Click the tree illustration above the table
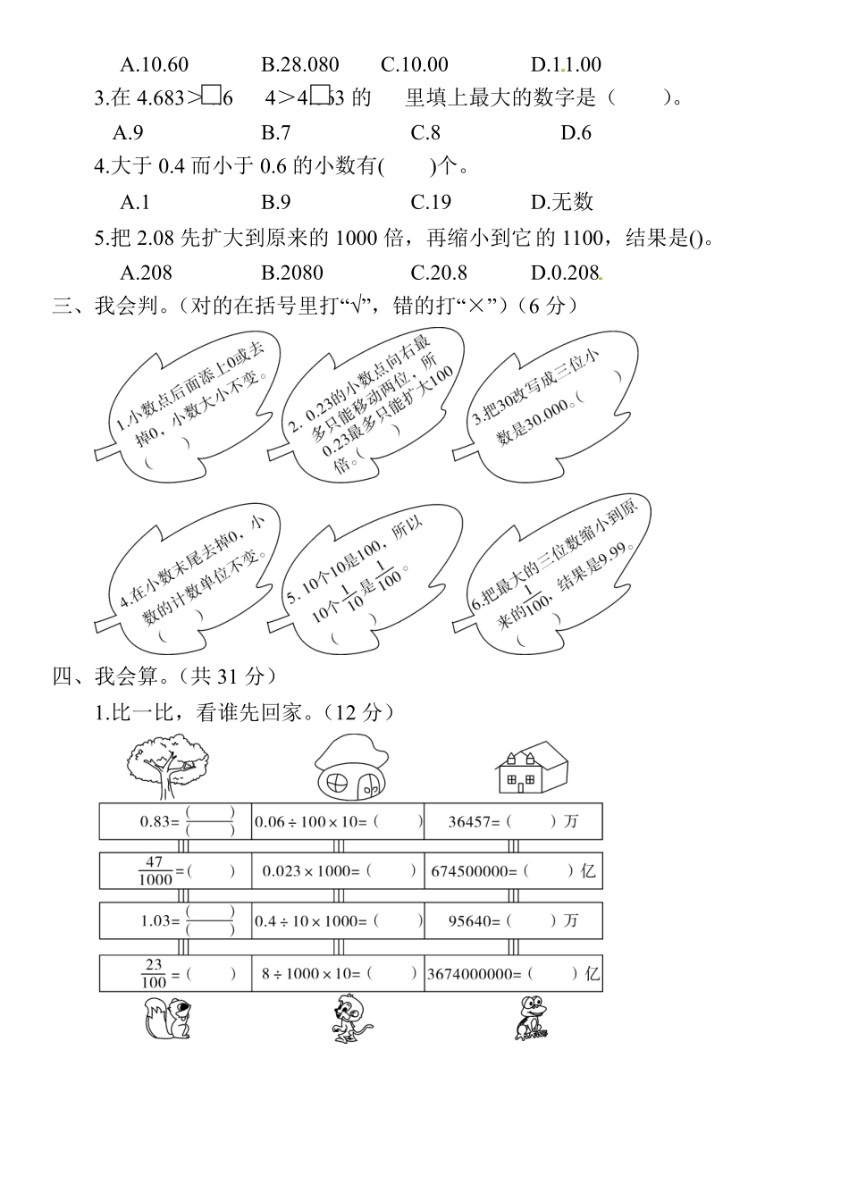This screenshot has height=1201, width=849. point(167,766)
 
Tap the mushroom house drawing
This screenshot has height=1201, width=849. point(351,767)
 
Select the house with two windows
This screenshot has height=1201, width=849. point(531,768)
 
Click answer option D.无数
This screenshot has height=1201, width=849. point(562,202)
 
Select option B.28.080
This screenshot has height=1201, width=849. point(299,64)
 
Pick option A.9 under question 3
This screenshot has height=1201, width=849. point(128,132)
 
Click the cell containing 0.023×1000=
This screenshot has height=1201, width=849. point(338,870)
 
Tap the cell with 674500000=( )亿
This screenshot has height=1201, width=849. point(513,870)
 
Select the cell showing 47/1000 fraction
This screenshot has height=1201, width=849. point(175,870)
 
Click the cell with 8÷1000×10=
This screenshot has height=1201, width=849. point(338,973)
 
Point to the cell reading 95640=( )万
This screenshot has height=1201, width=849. point(513,920)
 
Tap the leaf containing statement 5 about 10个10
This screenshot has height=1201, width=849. point(366,579)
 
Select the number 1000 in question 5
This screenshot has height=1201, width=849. point(357,238)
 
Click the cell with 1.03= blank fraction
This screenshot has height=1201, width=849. point(175,920)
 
